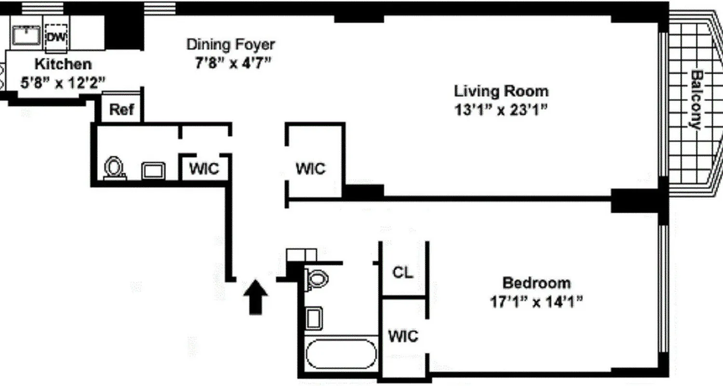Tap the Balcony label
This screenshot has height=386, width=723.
(x=696, y=100)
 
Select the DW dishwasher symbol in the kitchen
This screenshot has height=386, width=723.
(x=56, y=37)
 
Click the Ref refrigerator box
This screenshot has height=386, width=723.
(x=121, y=109)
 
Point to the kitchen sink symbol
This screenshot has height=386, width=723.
(x=27, y=35)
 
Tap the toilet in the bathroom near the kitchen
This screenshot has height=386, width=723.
(x=114, y=168)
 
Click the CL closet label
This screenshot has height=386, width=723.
(x=403, y=273)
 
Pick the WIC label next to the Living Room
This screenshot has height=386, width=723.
(x=310, y=168)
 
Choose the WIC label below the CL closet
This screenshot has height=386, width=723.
(x=403, y=336)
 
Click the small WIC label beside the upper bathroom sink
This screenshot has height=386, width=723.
(x=204, y=169)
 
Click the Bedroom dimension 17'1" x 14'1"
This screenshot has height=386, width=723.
(x=536, y=302)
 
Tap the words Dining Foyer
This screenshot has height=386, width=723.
(x=230, y=44)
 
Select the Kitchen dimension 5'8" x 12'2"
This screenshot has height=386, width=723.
(x=63, y=83)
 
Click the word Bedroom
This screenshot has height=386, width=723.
(x=536, y=282)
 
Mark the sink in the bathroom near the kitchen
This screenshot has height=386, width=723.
(x=153, y=170)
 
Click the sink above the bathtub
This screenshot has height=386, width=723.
(x=313, y=318)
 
